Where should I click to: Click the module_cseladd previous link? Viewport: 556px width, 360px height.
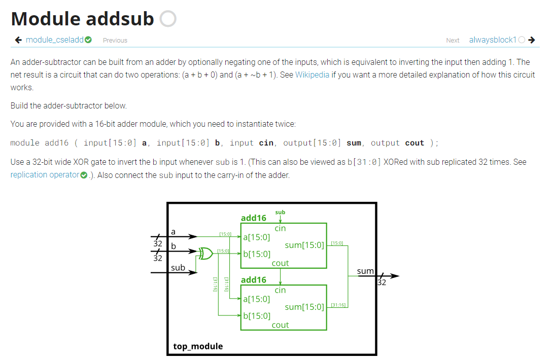click(55, 40)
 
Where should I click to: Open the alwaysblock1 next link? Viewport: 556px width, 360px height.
click(492, 40)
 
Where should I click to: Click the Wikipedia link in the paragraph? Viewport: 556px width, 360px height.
click(312, 75)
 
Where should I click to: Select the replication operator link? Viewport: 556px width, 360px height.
click(45, 175)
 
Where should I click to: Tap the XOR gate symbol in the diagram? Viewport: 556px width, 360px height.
click(205, 253)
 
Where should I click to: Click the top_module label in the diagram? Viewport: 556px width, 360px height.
click(198, 346)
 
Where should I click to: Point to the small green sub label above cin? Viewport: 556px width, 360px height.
click(280, 212)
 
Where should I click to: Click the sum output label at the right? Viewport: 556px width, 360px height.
click(365, 271)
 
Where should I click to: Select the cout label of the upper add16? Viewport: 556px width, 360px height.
click(280, 263)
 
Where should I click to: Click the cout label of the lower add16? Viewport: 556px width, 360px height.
click(280, 325)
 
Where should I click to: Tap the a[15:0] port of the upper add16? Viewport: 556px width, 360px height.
click(257, 237)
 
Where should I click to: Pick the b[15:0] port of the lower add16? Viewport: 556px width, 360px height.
click(257, 316)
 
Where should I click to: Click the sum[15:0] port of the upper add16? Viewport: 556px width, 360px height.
click(304, 245)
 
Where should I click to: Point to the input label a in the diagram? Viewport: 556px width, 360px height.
click(173, 231)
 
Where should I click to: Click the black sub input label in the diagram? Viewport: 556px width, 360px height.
click(178, 267)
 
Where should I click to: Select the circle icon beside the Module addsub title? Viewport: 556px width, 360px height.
click(168, 19)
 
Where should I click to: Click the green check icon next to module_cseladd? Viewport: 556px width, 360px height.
click(88, 40)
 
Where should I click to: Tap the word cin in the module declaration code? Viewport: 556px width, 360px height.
click(265, 143)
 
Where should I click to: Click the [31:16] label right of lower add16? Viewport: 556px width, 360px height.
click(338, 304)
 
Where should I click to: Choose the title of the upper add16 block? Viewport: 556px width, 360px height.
click(254, 218)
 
